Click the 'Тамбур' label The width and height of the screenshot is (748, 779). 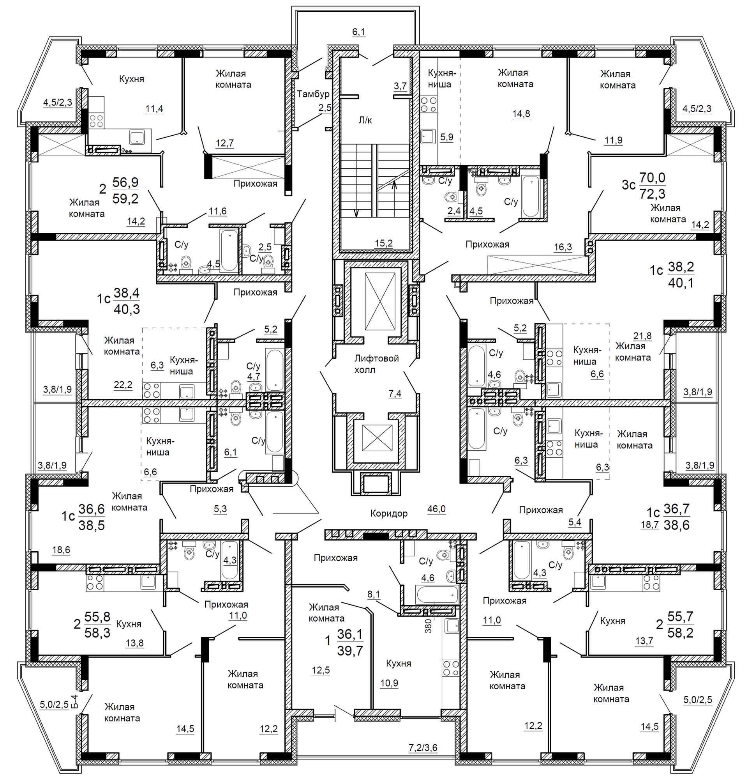tap(313, 94)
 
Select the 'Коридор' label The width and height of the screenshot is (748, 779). tap(389, 513)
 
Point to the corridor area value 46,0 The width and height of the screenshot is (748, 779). tap(436, 509)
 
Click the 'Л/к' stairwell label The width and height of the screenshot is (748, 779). tap(365, 120)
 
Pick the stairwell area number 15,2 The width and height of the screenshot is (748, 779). tap(383, 243)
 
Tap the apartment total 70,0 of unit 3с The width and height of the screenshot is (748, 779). tap(652, 177)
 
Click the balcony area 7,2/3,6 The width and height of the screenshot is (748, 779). tap(423, 747)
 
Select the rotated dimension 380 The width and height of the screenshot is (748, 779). tap(428, 626)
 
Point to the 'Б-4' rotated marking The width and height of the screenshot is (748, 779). tap(74, 702)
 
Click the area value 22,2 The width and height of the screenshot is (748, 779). tap(123, 385)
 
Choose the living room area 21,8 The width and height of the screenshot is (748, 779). tap(642, 336)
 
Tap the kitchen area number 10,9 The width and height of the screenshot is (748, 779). tap(389, 683)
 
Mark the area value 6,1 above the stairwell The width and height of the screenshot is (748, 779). tap(358, 32)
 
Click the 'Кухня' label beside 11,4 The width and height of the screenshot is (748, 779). tap(132, 79)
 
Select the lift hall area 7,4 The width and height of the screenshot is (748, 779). tap(395, 393)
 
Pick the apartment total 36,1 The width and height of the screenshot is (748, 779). tap(349, 634)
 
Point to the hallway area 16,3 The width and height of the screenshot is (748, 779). tap(563, 247)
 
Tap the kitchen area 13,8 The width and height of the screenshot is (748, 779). tap(134, 643)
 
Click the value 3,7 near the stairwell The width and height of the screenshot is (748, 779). tap(400, 86)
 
